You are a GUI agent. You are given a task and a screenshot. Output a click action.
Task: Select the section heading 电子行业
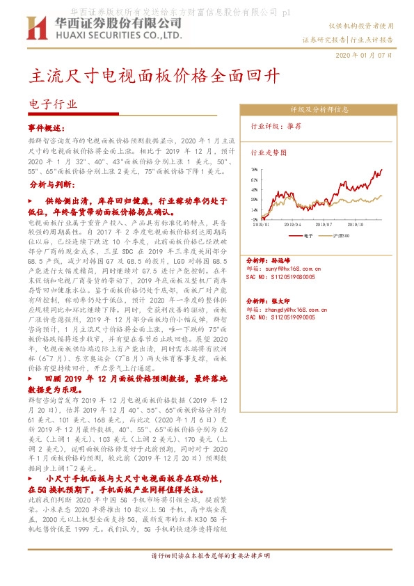point(52,104)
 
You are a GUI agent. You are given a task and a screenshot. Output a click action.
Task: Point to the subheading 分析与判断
point(49,187)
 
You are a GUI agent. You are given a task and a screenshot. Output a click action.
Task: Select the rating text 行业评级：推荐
point(276,127)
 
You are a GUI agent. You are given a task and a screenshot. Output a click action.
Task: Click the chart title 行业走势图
point(268,151)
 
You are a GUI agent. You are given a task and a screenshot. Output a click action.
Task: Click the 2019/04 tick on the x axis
point(293,225)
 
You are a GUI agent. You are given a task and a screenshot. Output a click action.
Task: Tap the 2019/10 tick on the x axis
point(354,225)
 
